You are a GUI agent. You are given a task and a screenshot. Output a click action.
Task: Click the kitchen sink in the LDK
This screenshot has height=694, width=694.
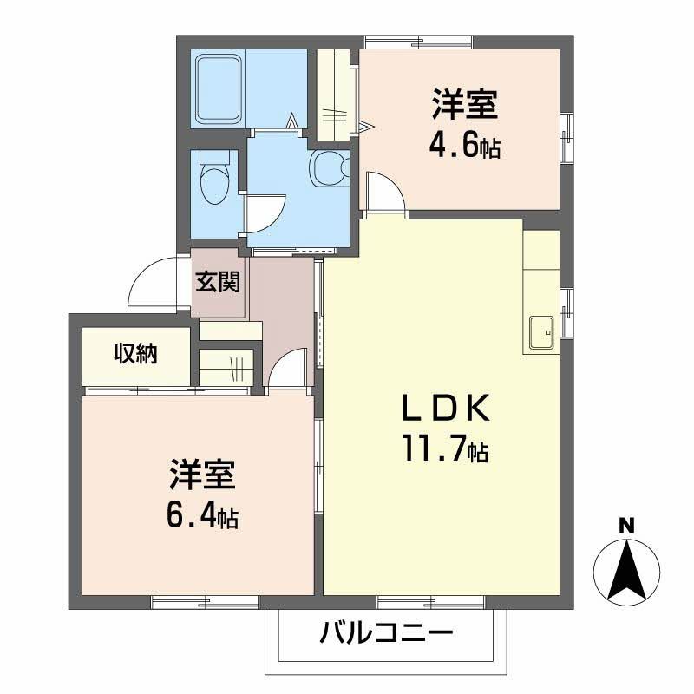tap(541, 332)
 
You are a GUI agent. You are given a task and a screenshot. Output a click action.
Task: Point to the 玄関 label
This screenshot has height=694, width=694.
tap(218, 281)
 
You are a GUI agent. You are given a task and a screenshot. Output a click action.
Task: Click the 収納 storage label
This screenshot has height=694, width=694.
tap(136, 353)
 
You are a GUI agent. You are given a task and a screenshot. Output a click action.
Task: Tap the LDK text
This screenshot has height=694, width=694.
tap(446, 409)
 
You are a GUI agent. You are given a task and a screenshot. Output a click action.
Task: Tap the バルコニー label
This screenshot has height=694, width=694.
tap(386, 633)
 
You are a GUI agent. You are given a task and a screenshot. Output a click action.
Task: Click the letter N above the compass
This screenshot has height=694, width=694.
tap(625, 526)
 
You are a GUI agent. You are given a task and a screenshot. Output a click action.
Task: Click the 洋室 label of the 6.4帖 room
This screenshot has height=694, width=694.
tap(202, 475)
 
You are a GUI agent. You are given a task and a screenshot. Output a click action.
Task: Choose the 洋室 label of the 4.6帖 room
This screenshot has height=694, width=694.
tap(465, 104)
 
